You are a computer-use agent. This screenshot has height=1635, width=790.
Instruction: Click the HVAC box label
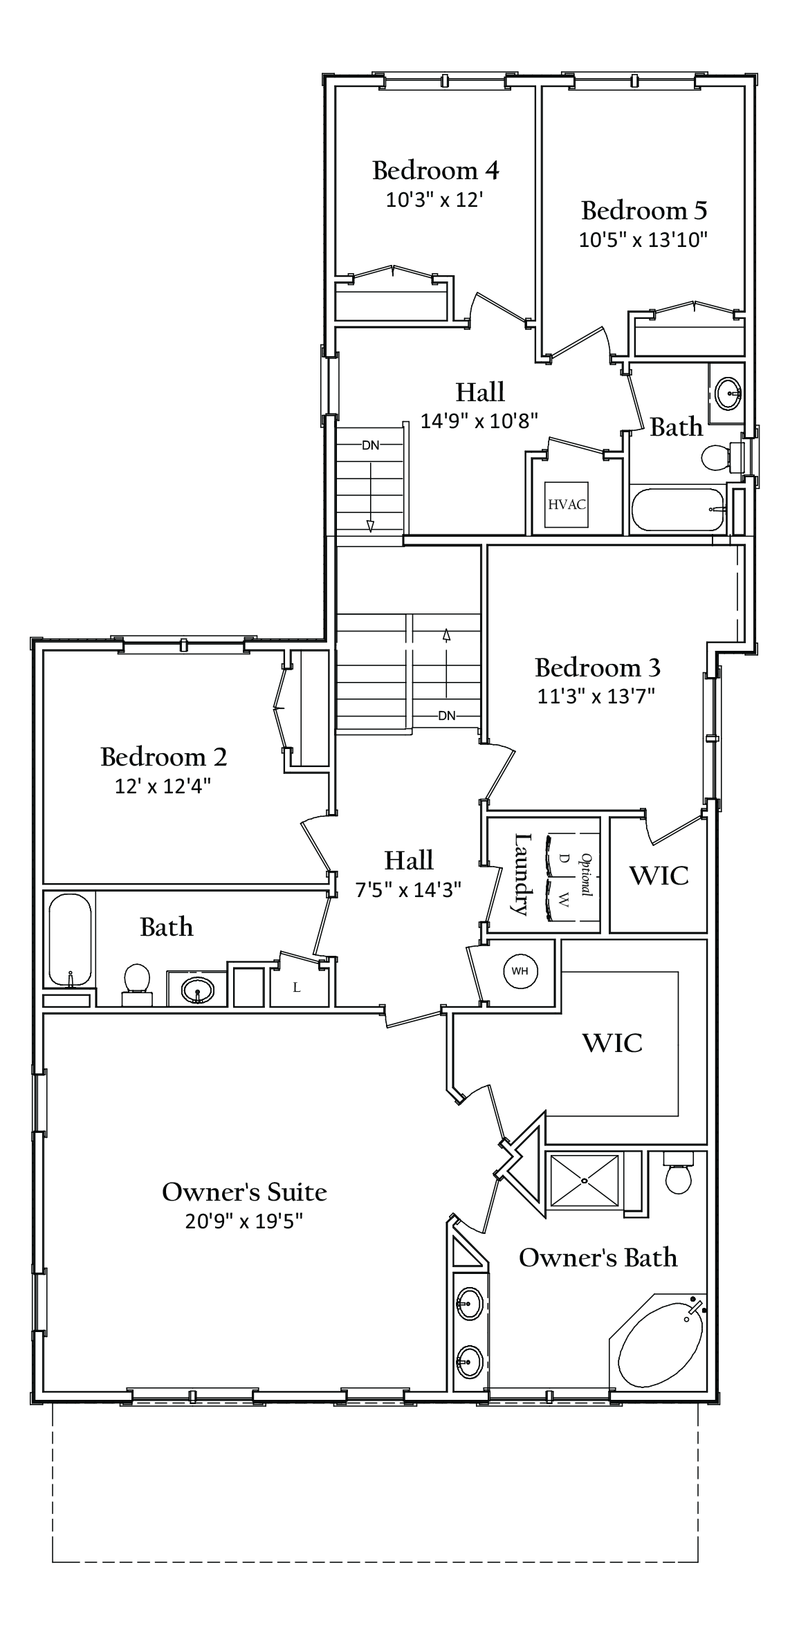567,504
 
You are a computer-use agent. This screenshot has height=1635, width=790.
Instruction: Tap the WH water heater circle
520,971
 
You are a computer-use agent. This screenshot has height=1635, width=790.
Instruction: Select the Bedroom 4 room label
435,169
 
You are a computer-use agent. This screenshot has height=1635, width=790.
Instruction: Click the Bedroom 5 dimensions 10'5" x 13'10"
643,240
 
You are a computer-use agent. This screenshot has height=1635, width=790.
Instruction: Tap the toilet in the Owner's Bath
678,1176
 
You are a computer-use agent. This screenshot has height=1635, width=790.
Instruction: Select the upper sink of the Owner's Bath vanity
469,1304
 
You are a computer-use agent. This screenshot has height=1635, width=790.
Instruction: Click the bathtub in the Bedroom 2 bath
70,939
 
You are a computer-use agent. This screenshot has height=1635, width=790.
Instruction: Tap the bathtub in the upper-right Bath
677,510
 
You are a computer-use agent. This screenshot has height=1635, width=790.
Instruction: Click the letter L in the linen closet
297,988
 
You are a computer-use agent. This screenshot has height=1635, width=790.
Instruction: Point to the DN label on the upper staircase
371,445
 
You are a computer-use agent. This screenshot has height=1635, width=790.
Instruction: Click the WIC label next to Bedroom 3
659,876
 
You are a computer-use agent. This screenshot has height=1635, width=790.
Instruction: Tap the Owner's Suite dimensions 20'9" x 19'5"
244,1221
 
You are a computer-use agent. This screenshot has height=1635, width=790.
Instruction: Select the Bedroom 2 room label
163,757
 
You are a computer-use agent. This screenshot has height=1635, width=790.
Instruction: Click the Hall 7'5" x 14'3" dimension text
408,889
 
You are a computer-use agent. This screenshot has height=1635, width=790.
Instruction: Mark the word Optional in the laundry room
586,875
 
